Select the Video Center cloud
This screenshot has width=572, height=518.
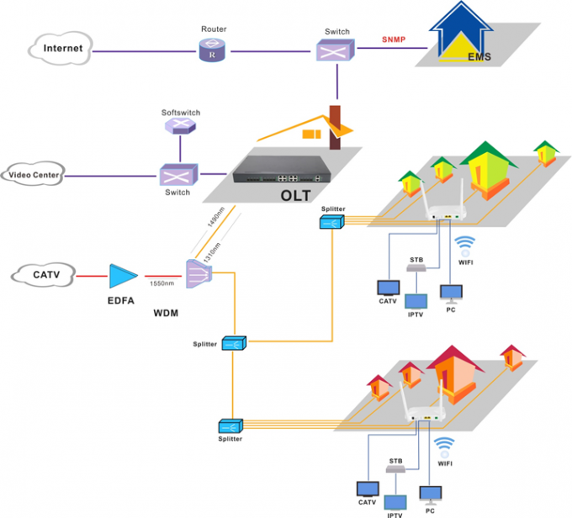coord(34,175)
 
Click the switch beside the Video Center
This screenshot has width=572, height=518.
coord(178,175)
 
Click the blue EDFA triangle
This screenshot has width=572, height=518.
coord(121,275)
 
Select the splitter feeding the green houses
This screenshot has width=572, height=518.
coord(331,223)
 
